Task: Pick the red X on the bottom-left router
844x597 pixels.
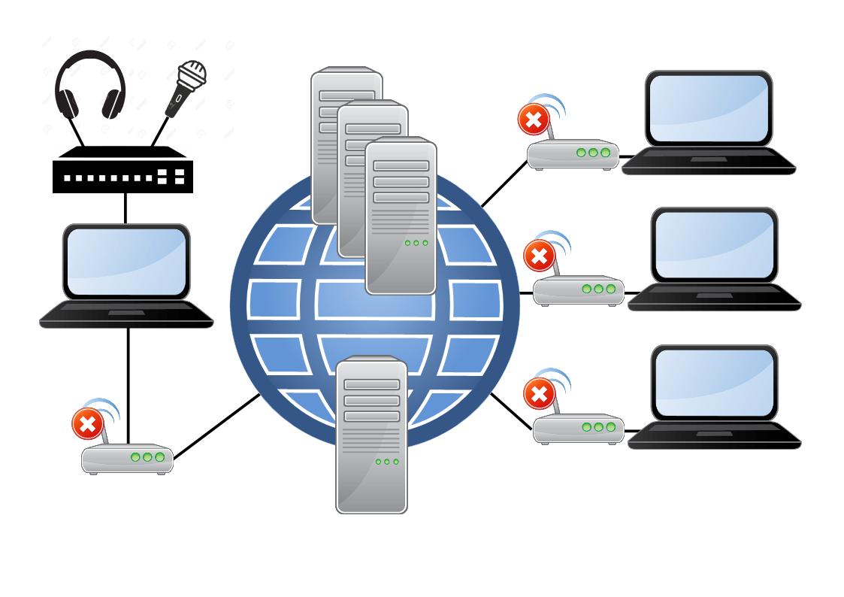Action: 87,424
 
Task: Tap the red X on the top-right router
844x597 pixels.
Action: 534,120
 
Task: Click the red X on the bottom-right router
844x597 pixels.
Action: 539,394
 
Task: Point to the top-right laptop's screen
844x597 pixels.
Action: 709,108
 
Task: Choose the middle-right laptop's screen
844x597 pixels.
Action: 714,244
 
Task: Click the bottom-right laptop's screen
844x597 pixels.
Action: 714,382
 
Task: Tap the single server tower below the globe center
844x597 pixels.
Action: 371,436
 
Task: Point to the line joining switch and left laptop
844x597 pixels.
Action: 126,208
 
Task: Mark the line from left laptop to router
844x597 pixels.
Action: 129,383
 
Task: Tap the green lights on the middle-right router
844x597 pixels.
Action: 598,289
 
